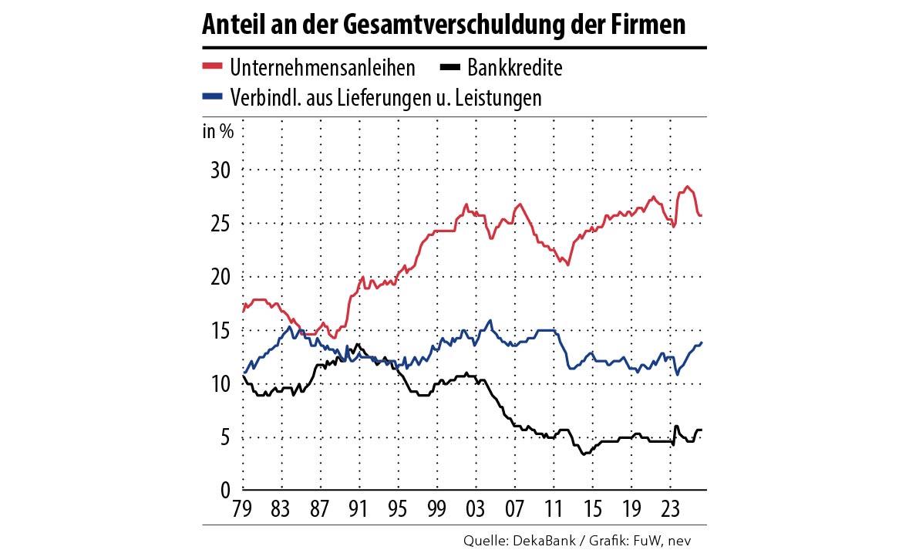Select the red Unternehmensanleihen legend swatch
(213, 68)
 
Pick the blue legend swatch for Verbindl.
(213, 98)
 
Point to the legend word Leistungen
(498, 98)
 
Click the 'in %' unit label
(218, 130)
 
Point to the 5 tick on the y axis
(225, 437)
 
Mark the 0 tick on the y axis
(225, 491)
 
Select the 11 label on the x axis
(552, 509)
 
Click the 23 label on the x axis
(668, 509)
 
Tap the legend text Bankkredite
(515, 68)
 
